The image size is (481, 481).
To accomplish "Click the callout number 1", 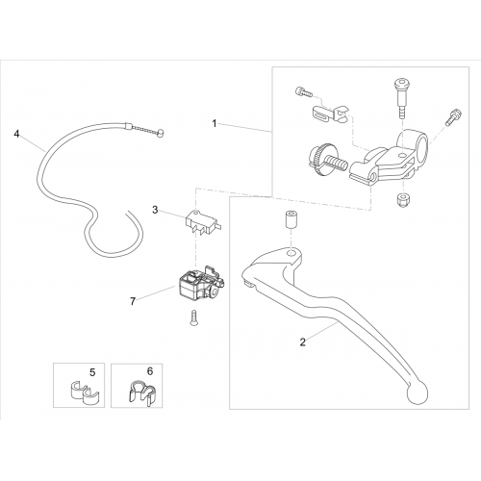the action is click(x=215, y=123).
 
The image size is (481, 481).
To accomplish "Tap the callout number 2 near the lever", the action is click(x=303, y=342).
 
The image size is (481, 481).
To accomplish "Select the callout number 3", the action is click(x=155, y=210).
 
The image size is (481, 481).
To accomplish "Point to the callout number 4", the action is click(x=16, y=134).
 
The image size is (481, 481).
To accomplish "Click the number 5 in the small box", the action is click(x=92, y=372).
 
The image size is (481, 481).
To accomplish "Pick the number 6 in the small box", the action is click(x=150, y=371).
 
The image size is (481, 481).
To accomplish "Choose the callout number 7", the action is click(x=133, y=301).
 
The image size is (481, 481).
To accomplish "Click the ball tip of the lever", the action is click(x=417, y=392).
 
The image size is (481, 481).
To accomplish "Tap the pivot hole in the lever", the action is click(x=291, y=253).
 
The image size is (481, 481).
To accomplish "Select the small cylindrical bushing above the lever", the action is click(x=291, y=219).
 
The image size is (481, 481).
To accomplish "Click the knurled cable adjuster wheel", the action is click(x=317, y=159).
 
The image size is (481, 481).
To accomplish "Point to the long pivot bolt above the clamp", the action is click(x=400, y=94).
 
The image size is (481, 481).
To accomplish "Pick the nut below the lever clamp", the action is click(x=401, y=200).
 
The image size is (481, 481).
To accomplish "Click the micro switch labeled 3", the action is click(x=203, y=221).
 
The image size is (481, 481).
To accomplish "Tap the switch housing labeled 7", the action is click(x=199, y=284).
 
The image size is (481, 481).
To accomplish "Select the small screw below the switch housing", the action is click(x=193, y=317).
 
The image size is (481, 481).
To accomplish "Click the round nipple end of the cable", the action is click(x=160, y=133).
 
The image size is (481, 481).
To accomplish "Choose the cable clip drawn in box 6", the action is click(x=142, y=392).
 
